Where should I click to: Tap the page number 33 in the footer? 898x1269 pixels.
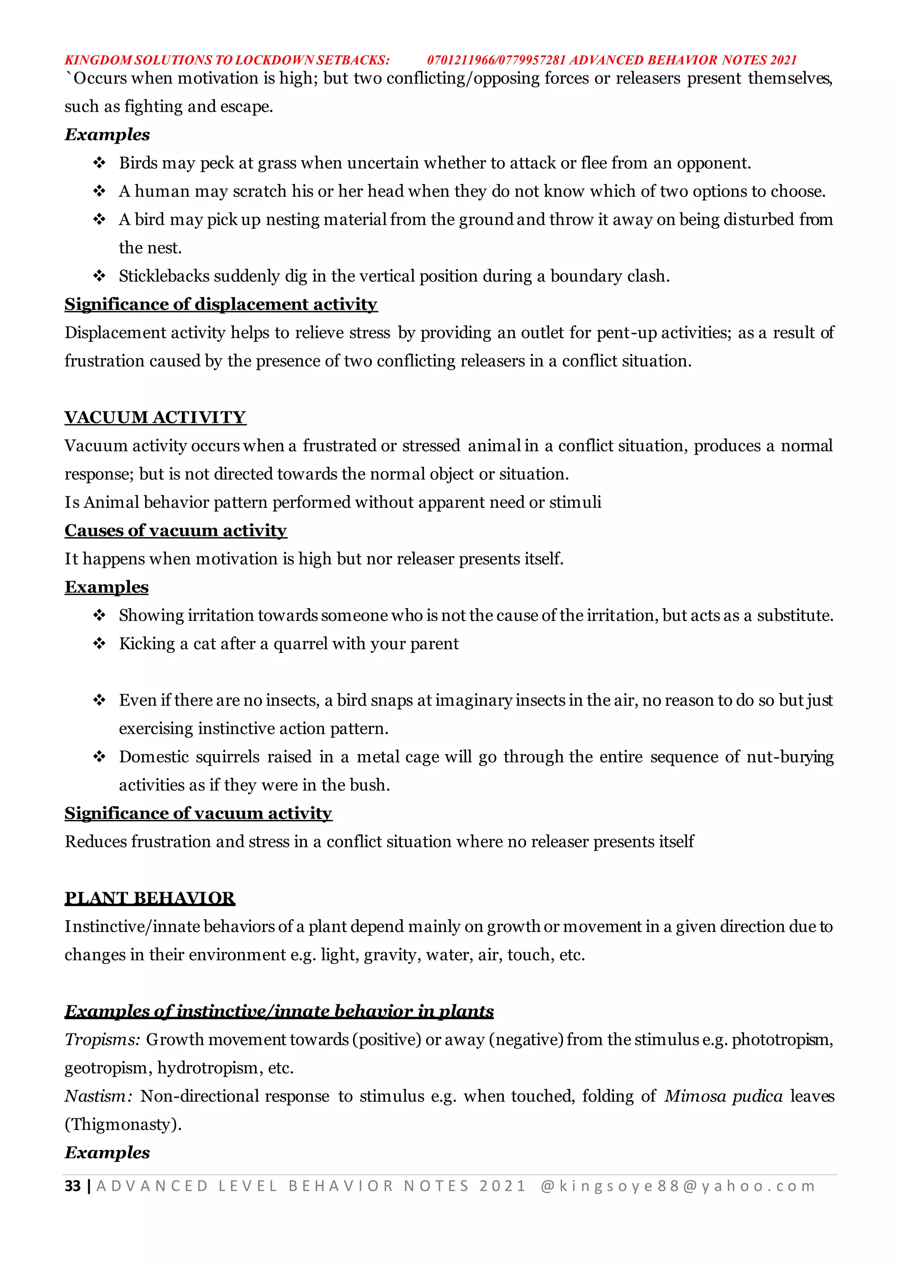[x=72, y=1186]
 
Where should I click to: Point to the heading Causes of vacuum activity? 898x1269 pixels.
[x=175, y=531]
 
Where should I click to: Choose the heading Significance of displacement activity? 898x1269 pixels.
[x=221, y=305]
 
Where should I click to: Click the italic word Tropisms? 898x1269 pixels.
[x=102, y=1040]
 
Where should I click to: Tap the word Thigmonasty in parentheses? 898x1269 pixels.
[x=122, y=1124]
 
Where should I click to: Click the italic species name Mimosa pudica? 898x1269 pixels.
[x=723, y=1096]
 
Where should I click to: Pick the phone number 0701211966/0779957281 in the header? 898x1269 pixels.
[x=496, y=60]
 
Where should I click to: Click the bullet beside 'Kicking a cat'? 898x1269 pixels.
[x=100, y=644]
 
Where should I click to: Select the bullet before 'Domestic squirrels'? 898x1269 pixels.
[x=100, y=757]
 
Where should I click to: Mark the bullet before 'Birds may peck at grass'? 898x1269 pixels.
[x=100, y=163]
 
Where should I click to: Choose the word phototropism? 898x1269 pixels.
[x=781, y=1040]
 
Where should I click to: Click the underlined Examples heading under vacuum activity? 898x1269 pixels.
[x=107, y=587]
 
